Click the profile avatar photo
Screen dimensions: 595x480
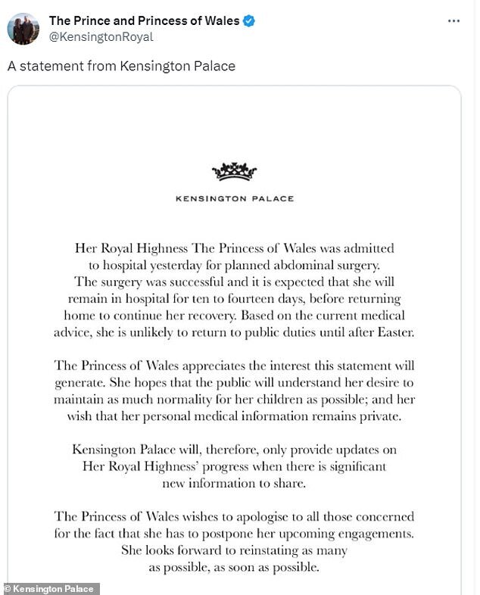[23, 28]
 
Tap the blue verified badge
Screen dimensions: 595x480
[249, 20]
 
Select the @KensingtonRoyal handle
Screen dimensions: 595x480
[101, 36]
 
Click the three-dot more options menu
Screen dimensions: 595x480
[454, 21]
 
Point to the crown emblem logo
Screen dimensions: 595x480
[235, 172]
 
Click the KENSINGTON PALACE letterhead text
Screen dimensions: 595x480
[235, 199]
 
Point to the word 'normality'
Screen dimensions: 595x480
[199, 399]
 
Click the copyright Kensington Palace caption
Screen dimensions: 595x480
[50, 589]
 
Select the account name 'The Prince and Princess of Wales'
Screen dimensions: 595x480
[144, 20]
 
